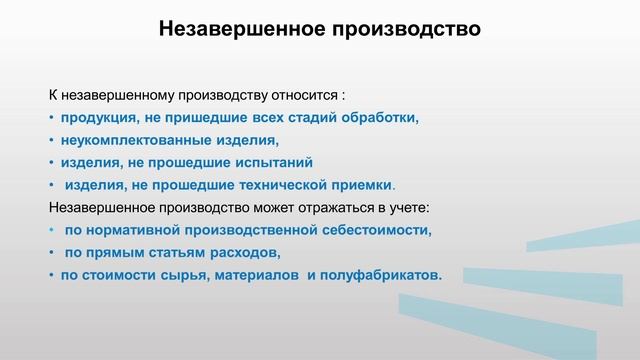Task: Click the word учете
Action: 408,207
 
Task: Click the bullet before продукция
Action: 52,118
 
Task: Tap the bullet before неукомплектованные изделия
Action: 52,140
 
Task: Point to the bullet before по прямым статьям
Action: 52,252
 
